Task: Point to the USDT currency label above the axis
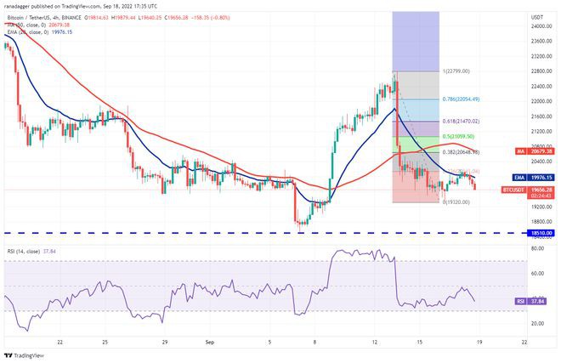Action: click(x=536, y=16)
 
